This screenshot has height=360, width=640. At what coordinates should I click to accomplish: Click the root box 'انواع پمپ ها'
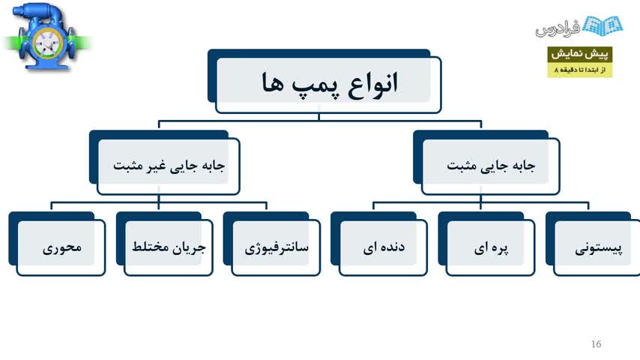click(x=324, y=81)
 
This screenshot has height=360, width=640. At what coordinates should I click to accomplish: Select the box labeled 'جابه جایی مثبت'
click(x=486, y=163)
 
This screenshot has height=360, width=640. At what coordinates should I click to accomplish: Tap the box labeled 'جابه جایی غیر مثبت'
click(x=164, y=163)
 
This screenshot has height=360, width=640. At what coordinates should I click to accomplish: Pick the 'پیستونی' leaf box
click(x=594, y=244)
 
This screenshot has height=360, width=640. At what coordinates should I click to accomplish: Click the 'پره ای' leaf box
click(x=486, y=244)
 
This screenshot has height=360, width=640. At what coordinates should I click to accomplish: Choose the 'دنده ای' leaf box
click(x=379, y=244)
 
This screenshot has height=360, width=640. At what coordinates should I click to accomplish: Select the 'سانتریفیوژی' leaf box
click(x=272, y=244)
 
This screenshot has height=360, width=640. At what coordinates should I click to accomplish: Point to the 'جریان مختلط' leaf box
click(x=164, y=244)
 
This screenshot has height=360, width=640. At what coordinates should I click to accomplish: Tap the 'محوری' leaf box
click(x=57, y=244)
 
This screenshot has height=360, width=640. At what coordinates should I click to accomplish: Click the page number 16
click(x=596, y=344)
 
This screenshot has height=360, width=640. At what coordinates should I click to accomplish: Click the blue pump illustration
click(x=47, y=36)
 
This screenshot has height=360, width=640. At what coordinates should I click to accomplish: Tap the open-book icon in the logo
click(x=603, y=25)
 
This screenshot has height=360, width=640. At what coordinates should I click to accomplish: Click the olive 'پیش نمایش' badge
click(x=579, y=54)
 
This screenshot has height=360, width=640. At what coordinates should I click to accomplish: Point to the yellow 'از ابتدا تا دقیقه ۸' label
click(x=579, y=70)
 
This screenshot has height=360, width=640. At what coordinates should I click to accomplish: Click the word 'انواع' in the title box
click(x=372, y=84)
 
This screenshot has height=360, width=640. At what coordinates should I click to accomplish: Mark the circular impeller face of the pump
click(x=47, y=43)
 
